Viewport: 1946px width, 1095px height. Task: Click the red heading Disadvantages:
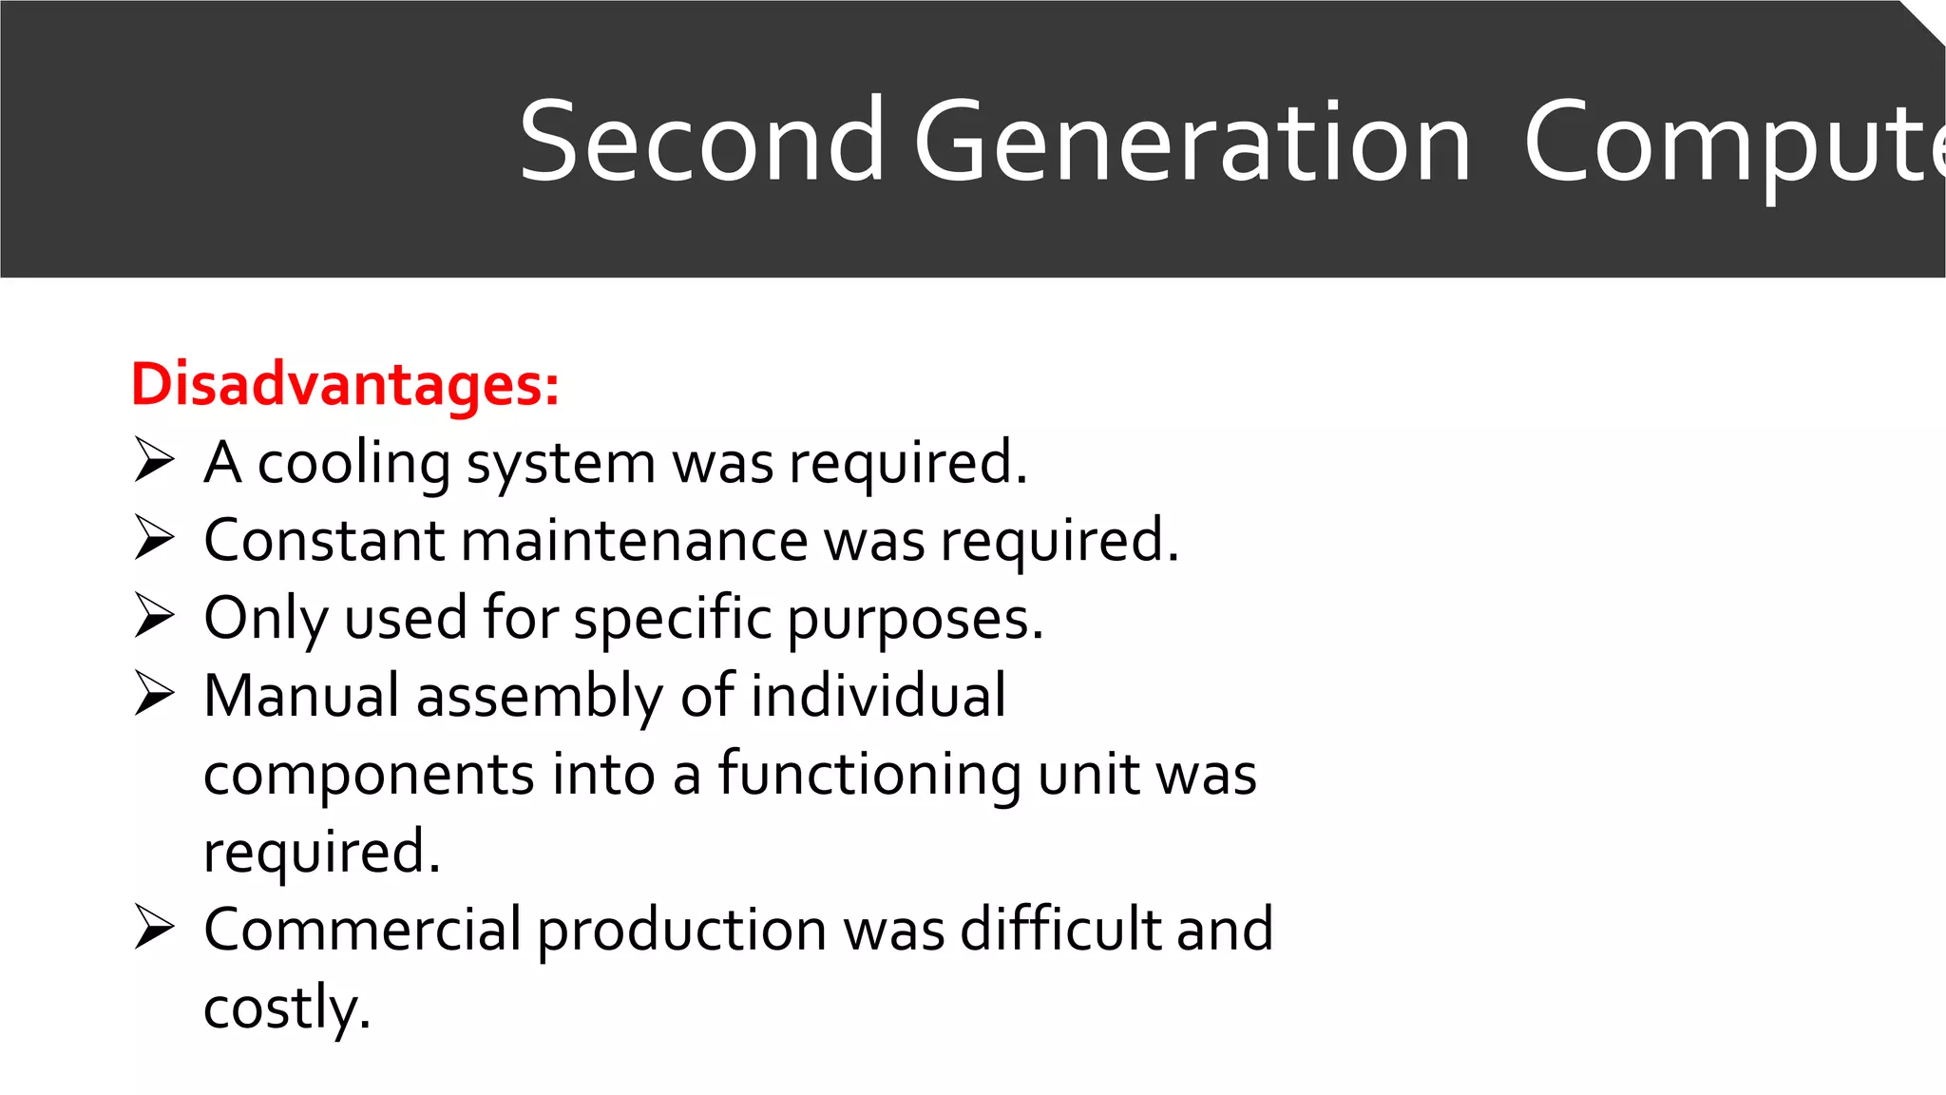coord(345,385)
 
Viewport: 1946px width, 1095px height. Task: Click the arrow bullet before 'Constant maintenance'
coord(154,538)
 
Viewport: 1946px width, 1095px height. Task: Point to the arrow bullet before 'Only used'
coord(154,616)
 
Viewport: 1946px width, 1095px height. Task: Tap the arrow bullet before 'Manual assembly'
coord(154,694)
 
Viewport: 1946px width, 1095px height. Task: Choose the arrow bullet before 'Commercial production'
coord(154,928)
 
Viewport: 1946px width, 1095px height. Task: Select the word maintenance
coord(634,540)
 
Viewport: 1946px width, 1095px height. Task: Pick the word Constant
coord(324,540)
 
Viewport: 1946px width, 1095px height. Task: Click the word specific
coord(673,620)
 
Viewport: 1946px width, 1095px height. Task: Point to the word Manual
coord(301,696)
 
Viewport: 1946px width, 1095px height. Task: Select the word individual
coord(879,696)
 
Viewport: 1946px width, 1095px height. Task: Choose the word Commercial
coord(362,930)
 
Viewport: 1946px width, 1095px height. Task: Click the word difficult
coord(1060,929)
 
